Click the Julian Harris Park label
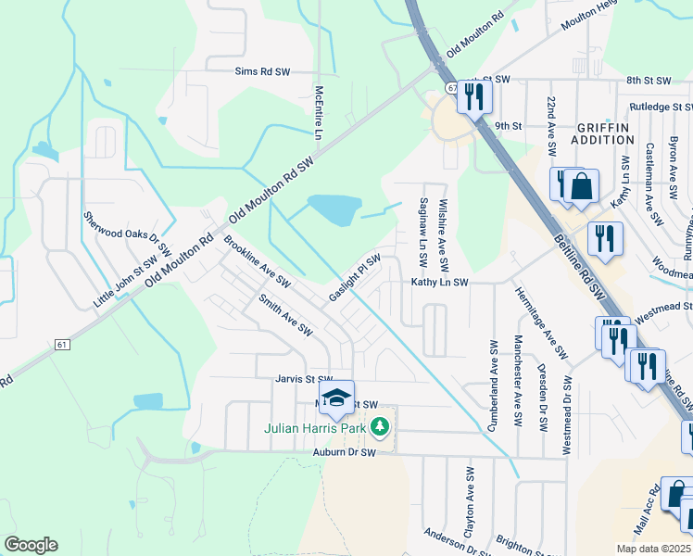[315, 428]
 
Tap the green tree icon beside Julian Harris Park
[379, 427]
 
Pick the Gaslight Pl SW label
[355, 278]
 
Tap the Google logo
[31, 545]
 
